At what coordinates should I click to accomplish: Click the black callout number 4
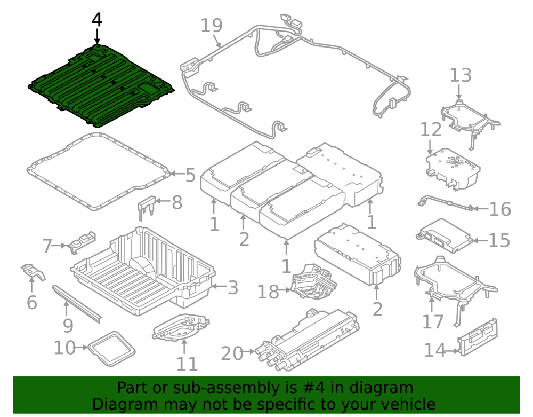tap(97, 20)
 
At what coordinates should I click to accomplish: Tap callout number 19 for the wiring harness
tap(212, 25)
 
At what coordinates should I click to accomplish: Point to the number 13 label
tap(461, 75)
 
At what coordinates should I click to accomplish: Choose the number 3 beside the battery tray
tap(233, 288)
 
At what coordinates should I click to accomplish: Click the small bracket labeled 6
tap(33, 272)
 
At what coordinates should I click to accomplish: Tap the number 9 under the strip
tap(68, 326)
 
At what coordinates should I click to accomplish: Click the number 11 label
tap(187, 364)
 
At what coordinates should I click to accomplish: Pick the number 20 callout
tap(232, 353)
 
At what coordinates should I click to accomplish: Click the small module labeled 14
tap(478, 337)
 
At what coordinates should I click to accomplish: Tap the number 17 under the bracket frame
tap(433, 321)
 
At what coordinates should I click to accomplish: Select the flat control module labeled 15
tap(445, 236)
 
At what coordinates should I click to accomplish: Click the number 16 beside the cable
tap(500, 209)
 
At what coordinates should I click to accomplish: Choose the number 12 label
tap(431, 129)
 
